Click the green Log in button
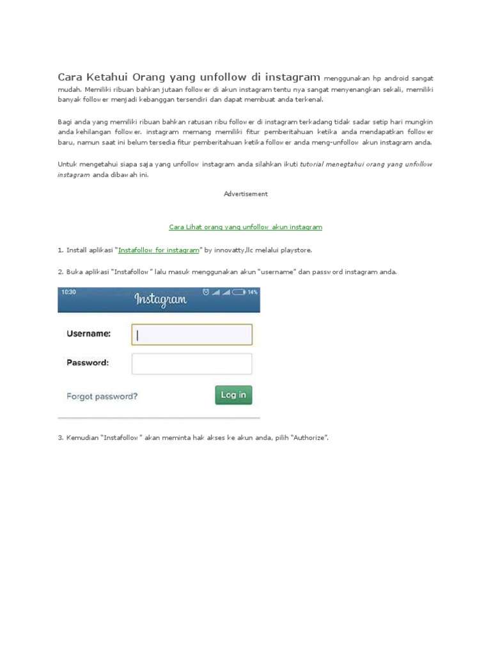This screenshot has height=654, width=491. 233,395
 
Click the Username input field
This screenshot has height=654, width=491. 192,335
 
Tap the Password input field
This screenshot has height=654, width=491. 192,363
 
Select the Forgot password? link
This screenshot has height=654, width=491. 102,396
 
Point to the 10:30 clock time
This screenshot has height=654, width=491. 69,292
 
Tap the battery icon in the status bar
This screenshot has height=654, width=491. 238,293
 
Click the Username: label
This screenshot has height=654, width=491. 88,333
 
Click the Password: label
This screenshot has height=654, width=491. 88,363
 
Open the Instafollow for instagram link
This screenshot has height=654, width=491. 159,250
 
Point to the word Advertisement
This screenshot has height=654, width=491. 245,194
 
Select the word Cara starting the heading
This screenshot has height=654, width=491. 71,77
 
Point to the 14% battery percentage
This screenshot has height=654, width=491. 253,293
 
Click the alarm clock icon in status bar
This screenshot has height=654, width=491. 205,293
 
